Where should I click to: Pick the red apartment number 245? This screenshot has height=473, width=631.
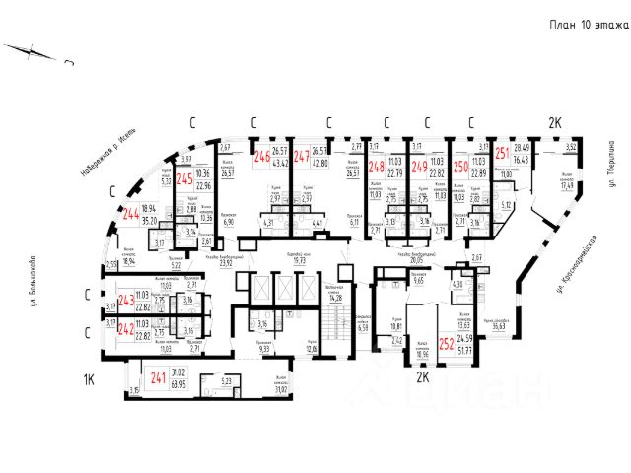tap(183, 180)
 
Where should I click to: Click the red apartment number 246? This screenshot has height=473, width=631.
tap(262, 156)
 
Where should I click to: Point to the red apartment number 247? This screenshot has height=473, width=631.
tap(303, 156)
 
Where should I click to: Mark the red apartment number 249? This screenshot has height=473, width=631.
tap(419, 168)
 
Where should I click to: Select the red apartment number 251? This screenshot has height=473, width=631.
tap(502, 152)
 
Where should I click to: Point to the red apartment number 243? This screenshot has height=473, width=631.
tap(125, 302)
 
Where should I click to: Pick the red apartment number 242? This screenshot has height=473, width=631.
tap(125, 330)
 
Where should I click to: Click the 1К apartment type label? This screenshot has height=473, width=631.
tap(87, 378)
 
